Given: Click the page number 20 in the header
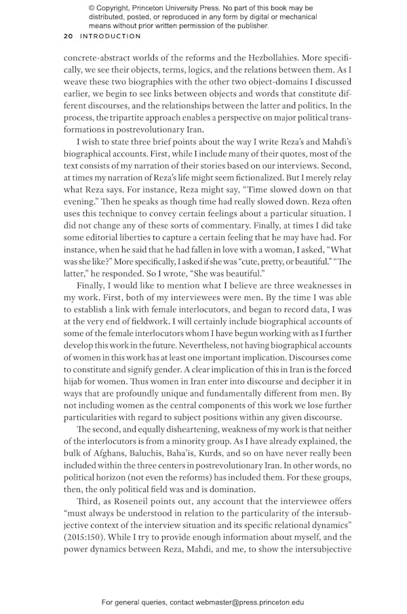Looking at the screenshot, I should tap(69, 36).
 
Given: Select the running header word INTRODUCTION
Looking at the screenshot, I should tap(111, 36).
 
